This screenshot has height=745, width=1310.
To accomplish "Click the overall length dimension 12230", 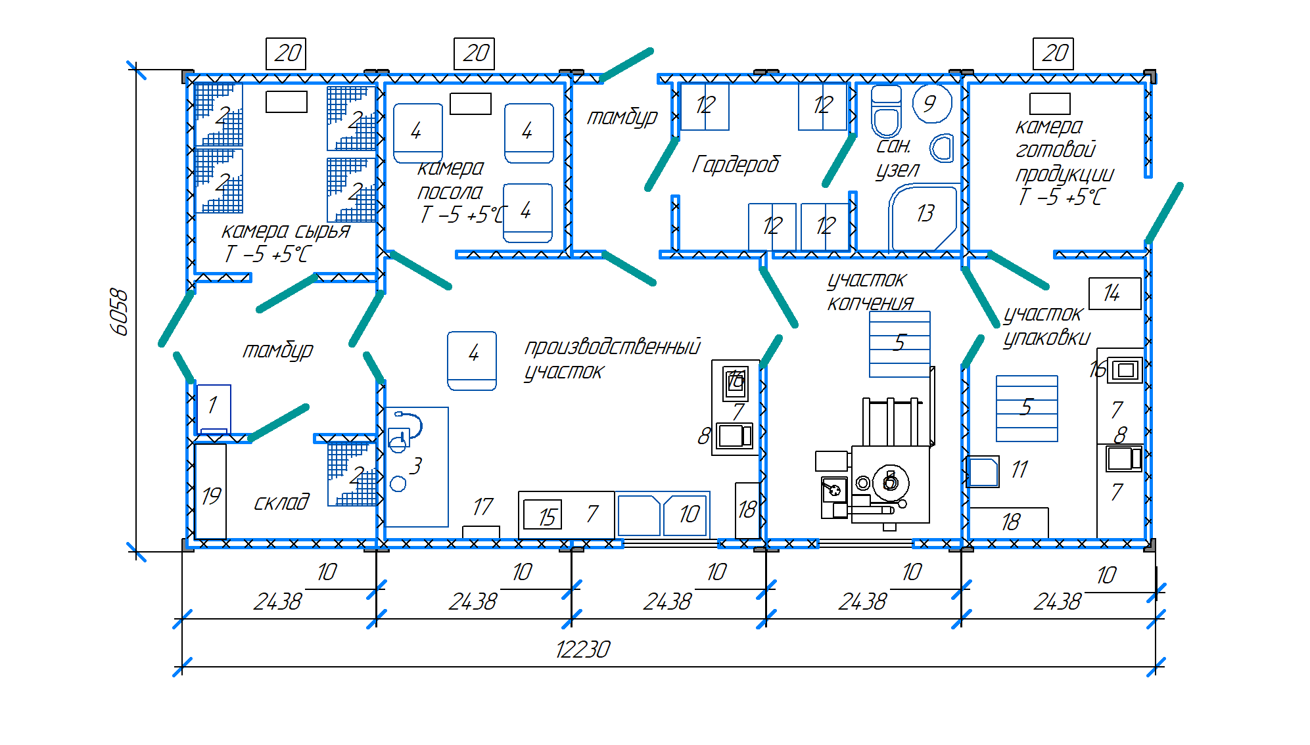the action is (582, 650).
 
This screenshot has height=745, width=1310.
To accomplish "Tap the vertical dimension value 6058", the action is (120, 311).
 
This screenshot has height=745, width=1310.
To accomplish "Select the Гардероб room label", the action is (736, 164).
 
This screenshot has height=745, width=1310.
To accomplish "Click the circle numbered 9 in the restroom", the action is (932, 103).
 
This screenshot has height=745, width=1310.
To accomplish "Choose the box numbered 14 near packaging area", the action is (1115, 293).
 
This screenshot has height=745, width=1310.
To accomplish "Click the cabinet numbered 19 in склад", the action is (210, 491).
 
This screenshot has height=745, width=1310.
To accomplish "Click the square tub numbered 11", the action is (984, 472).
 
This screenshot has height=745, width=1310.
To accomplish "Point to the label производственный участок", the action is (612, 359).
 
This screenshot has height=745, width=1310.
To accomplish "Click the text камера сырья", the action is (285, 231).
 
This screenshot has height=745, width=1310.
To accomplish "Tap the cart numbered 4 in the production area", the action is (472, 361).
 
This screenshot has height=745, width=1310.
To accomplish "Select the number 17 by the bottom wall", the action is (482, 507).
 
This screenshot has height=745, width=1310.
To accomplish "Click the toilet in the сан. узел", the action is (886, 112).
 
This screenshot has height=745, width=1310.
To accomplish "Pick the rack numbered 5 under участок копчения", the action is (900, 344).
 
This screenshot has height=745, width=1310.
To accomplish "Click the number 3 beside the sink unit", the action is (415, 466).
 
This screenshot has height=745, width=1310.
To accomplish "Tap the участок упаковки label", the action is (1046, 326).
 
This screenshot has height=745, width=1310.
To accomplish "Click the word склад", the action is (281, 502).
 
